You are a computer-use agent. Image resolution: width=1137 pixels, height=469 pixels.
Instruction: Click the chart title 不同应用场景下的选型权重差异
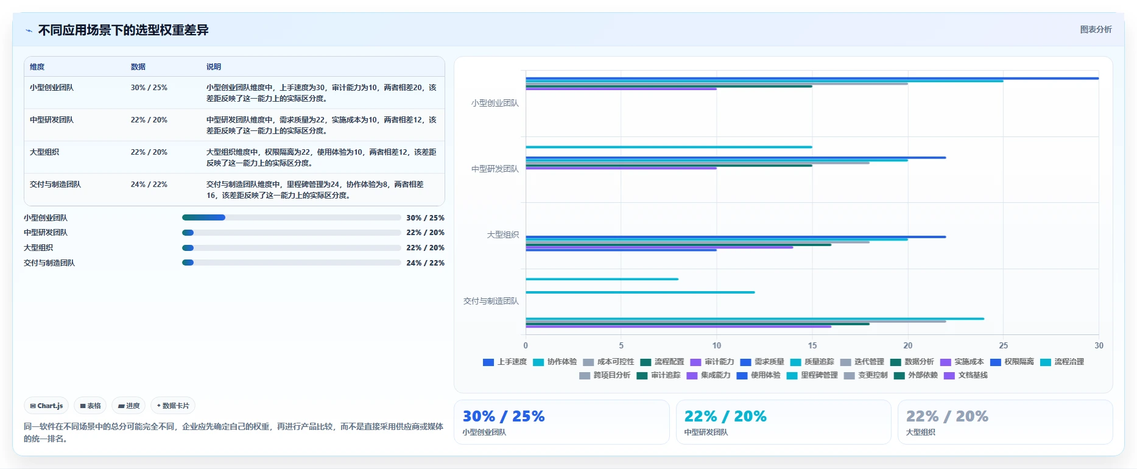(x=123, y=30)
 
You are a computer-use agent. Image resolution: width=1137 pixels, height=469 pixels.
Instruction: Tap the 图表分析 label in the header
(x=1096, y=29)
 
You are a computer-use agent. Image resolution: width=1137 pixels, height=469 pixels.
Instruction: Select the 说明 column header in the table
(x=214, y=66)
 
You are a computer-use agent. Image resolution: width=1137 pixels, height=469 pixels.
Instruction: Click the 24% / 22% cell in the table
(x=149, y=184)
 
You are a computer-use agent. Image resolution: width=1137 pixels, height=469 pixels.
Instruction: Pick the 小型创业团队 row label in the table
(x=52, y=87)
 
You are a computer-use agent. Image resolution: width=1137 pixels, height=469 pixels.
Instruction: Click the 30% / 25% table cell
(x=149, y=87)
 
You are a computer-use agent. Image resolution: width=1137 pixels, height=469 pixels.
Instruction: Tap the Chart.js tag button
(x=46, y=406)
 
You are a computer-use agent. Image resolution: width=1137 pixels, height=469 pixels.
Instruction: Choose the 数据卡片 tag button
(x=173, y=406)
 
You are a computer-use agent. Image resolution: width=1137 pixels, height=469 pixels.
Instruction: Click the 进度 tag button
(x=128, y=406)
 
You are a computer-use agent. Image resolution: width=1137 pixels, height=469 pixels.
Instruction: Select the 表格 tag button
(x=90, y=406)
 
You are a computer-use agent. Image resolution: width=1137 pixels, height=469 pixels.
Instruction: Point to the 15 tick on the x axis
(x=812, y=345)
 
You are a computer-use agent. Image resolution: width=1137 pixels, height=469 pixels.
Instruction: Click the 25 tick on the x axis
(x=1004, y=345)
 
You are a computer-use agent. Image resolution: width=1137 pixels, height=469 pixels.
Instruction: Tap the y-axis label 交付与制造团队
(x=491, y=301)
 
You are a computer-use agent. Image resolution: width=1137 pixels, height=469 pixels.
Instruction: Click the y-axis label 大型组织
(x=503, y=234)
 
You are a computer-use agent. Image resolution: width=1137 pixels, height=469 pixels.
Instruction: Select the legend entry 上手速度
(x=505, y=362)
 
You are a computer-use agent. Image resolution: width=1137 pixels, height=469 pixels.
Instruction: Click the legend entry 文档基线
(x=966, y=375)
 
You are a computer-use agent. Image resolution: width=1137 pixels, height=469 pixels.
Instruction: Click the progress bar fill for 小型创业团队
(x=203, y=217)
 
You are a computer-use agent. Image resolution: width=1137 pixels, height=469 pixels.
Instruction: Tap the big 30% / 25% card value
(x=504, y=416)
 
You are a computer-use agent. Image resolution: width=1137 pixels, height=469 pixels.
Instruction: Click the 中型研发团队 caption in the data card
(x=706, y=432)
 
